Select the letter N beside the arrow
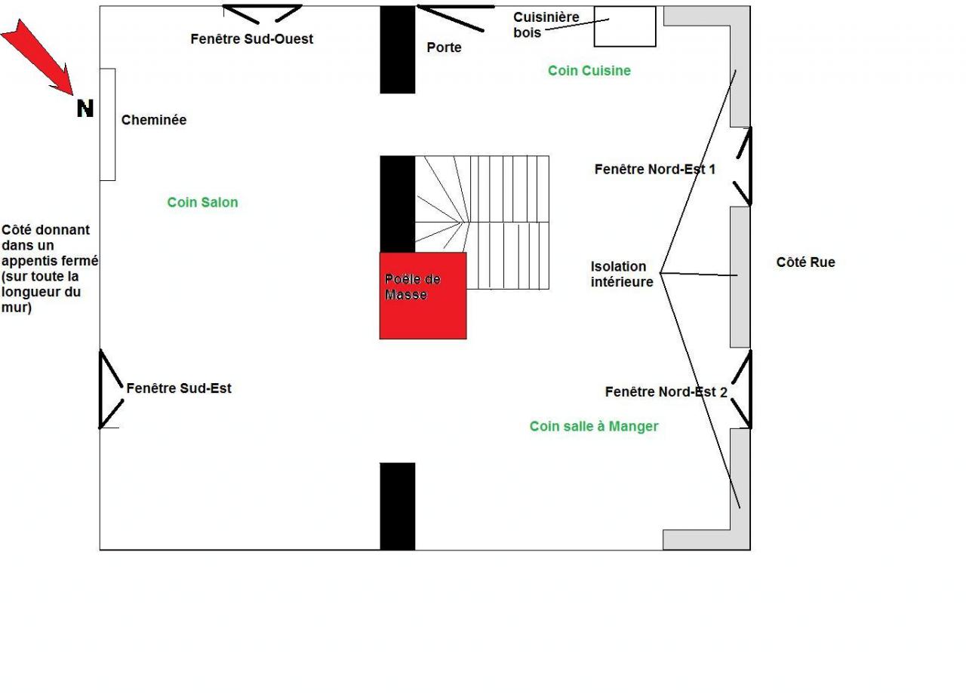pyautogui.click(x=85, y=109)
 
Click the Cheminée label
pyautogui.click(x=154, y=120)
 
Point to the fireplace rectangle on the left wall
pyautogui.click(x=107, y=124)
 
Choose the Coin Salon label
pyautogui.click(x=202, y=202)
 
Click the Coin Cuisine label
pyautogui.click(x=589, y=71)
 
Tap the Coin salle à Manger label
pyautogui.click(x=594, y=427)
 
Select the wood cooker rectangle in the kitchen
pyautogui.click(x=624, y=26)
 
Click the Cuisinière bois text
pyautogui.click(x=546, y=25)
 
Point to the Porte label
pyautogui.click(x=444, y=48)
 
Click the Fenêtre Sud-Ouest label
pyautogui.click(x=251, y=38)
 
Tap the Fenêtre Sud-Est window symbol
pyautogui.click(x=111, y=389)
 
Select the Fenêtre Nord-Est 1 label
pyautogui.click(x=654, y=170)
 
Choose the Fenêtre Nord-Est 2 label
pyautogui.click(x=666, y=392)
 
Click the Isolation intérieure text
pyautogui.click(x=621, y=274)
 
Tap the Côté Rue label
pyautogui.click(x=805, y=262)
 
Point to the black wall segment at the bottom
pyautogui.click(x=397, y=506)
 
